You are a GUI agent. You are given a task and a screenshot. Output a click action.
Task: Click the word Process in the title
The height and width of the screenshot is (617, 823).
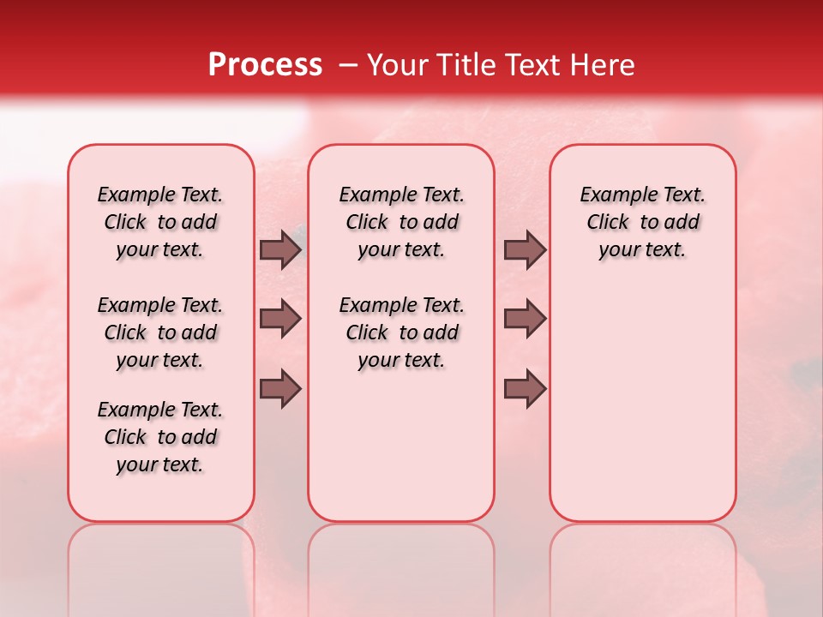click(265, 65)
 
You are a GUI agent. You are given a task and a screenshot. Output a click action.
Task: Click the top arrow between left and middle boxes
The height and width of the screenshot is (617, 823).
click(280, 250)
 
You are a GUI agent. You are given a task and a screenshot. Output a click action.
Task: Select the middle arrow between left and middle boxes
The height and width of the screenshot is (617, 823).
click(280, 319)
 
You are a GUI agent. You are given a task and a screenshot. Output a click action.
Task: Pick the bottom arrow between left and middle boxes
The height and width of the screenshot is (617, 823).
click(280, 388)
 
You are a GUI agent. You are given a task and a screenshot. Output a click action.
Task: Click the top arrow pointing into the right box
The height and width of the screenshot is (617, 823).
click(525, 250)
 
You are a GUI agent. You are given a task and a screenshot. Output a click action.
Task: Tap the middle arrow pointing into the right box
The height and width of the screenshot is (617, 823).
click(525, 319)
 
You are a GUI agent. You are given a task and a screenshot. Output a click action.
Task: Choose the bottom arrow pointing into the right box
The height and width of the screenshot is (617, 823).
click(525, 388)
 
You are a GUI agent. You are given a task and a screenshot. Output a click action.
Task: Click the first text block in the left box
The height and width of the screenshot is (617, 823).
click(160, 222)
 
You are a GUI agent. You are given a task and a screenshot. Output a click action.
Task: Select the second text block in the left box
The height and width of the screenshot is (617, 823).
click(160, 332)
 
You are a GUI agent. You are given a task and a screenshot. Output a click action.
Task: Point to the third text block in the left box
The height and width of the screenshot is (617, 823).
click(160, 437)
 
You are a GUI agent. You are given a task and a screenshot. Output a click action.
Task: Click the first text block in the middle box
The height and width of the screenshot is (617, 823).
click(401, 222)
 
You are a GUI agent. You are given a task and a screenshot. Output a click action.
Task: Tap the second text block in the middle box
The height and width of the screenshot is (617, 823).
click(401, 332)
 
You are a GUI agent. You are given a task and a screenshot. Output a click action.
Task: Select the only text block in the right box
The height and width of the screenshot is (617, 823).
click(642, 222)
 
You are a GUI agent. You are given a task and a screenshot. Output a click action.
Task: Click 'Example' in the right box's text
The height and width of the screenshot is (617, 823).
click(614, 195)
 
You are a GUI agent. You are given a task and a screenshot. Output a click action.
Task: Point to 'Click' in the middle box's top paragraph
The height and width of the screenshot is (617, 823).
click(367, 223)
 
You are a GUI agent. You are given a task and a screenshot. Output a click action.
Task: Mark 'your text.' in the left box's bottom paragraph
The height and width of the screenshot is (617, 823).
click(160, 464)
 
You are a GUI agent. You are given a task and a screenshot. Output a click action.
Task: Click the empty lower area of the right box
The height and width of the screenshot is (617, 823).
click(642, 411)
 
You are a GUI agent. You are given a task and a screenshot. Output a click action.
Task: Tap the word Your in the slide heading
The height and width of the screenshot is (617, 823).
click(395, 65)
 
